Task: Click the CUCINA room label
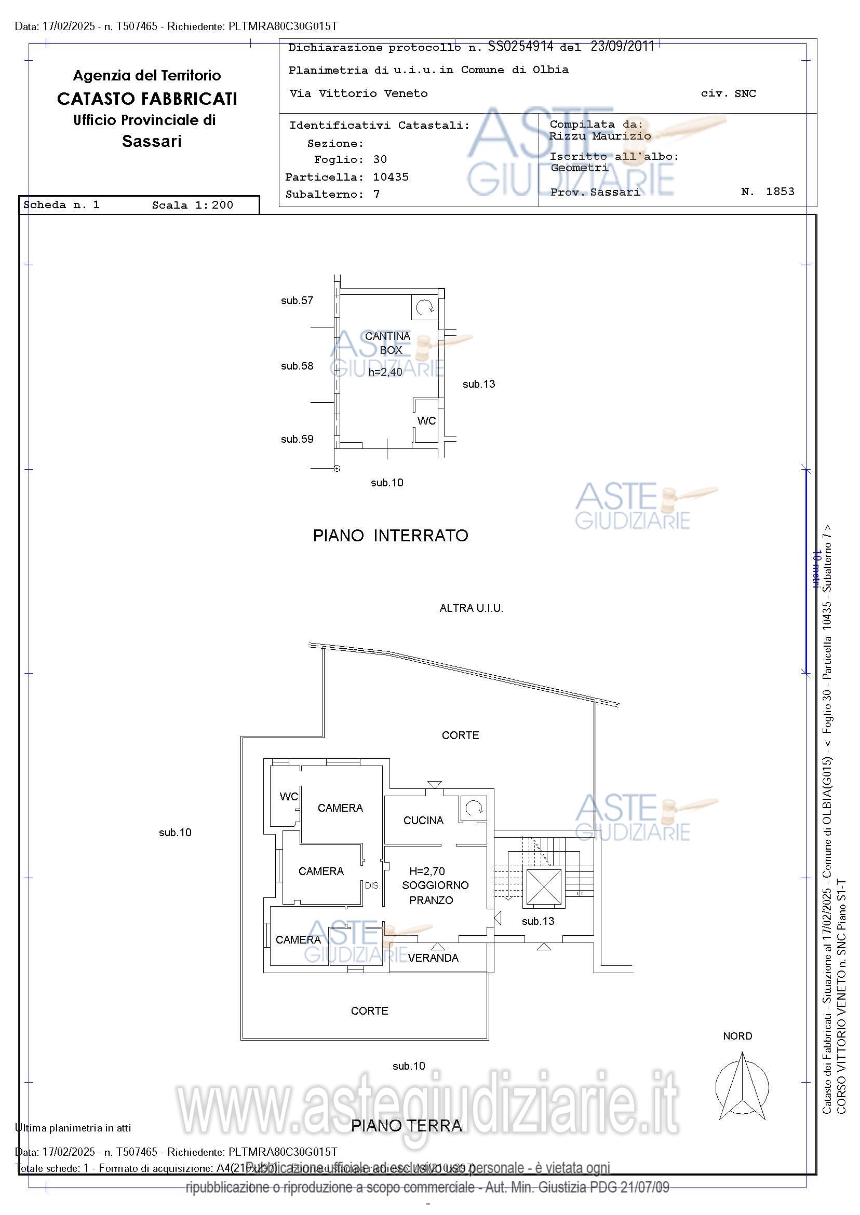pyautogui.click(x=423, y=820)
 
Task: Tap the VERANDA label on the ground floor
pyautogui.click(x=433, y=958)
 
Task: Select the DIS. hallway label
pyautogui.click(x=372, y=885)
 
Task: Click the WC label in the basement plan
pyautogui.click(x=426, y=421)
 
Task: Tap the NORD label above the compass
pyautogui.click(x=737, y=1036)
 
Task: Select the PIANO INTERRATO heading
pyautogui.click(x=391, y=536)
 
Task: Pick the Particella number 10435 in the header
pyautogui.click(x=391, y=177)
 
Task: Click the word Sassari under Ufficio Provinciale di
pyautogui.click(x=152, y=141)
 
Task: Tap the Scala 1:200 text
pyautogui.click(x=192, y=206)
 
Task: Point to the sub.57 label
pyautogui.click(x=297, y=301)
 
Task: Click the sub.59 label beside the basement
pyautogui.click(x=297, y=439)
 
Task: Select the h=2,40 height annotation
pyautogui.click(x=385, y=372)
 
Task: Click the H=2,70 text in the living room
pyautogui.click(x=427, y=870)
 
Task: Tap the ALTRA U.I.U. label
pyautogui.click(x=471, y=609)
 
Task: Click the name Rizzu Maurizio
pyautogui.click(x=599, y=136)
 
